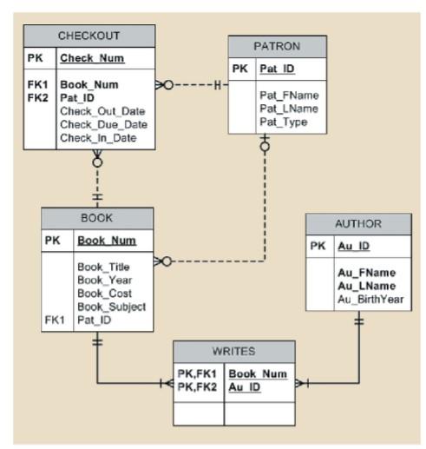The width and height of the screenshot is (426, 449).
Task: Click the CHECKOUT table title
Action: [x=88, y=36]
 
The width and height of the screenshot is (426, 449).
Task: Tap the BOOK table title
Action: [x=96, y=218]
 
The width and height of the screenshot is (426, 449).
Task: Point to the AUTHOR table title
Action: [x=357, y=223]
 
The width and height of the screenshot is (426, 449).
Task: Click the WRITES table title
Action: [x=233, y=352]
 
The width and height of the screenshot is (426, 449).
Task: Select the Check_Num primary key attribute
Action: [x=91, y=59]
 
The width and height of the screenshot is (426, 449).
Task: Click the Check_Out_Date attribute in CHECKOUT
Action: [x=102, y=111]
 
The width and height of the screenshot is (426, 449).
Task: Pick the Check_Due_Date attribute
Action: [x=103, y=124]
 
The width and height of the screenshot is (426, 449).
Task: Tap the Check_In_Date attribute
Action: [x=98, y=137]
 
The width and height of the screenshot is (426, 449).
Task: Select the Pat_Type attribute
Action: [x=284, y=122]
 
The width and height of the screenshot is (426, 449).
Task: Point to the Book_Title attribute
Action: [x=103, y=267]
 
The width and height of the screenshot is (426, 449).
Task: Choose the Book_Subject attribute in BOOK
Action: [x=111, y=307]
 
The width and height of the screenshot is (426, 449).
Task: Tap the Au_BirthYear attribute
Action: [x=370, y=300]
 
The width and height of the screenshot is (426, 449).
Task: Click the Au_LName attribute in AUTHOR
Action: [x=365, y=286]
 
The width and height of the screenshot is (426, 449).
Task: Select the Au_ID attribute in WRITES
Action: [x=244, y=386]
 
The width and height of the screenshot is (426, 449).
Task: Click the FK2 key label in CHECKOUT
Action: [x=38, y=98]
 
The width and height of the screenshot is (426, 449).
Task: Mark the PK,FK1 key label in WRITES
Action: [x=196, y=373]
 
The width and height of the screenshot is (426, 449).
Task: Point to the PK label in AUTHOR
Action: [x=318, y=247]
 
